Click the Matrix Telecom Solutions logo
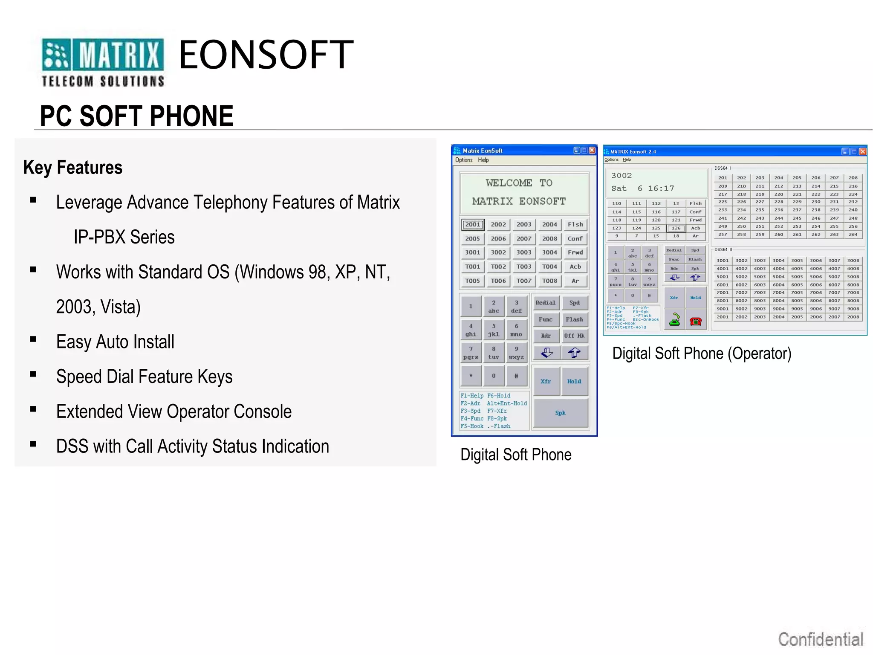coord(102,62)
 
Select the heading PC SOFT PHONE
coord(136,116)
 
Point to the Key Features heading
coord(73,168)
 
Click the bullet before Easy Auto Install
coord(33,339)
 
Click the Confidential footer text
coord(821,639)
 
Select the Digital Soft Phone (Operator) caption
coord(702,354)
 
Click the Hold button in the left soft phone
coord(574,381)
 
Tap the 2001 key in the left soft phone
coord(472,224)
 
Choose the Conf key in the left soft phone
coord(575,238)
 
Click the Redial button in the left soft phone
coord(546,303)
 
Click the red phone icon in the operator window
coord(695,321)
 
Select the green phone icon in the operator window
coord(674,319)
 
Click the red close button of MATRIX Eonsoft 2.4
coord(862,151)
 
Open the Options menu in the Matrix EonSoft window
coord(463,160)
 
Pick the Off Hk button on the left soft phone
coord(574,336)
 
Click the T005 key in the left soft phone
coord(472,281)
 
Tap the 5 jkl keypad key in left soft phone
coord(494,330)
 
